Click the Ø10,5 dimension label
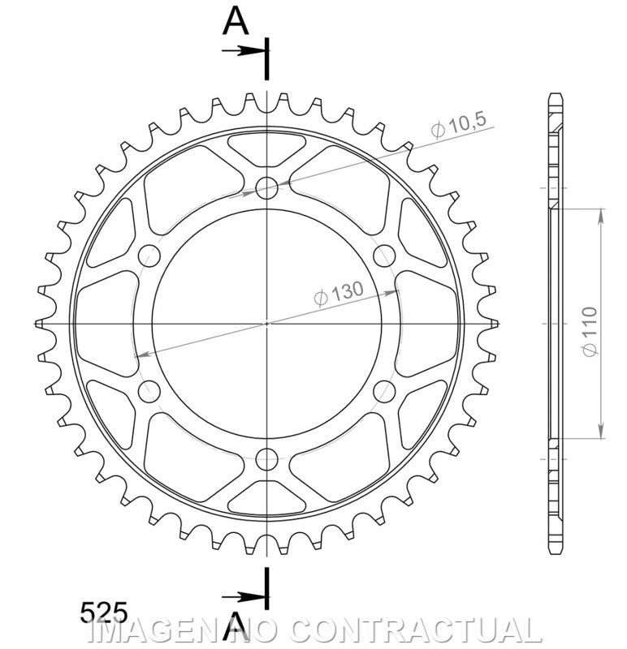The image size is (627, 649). click(457, 125)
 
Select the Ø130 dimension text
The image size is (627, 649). click(339, 293)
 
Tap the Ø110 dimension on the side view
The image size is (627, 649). click(590, 331)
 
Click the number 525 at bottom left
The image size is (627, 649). click(104, 612)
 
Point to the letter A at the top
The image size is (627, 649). click(236, 22)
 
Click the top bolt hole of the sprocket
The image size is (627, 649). click(266, 188)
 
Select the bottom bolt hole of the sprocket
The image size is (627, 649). click(266, 458)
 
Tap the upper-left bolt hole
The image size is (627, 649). click(149, 256)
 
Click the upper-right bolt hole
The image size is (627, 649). click(384, 256)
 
